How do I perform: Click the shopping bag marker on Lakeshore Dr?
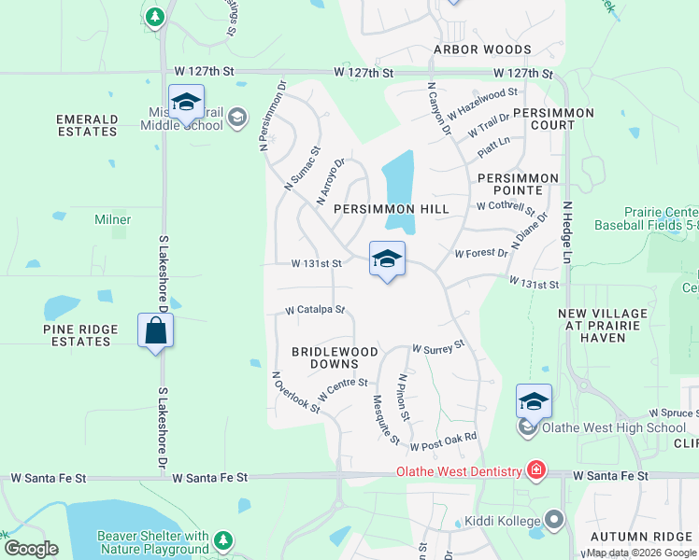(x=155, y=331)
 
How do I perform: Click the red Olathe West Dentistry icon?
(x=536, y=469)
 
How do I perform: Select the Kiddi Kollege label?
(x=505, y=521)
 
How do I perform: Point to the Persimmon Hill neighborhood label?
(x=392, y=209)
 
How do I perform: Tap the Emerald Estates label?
(x=87, y=125)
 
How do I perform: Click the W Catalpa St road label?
(x=315, y=310)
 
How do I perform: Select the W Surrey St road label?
(x=438, y=348)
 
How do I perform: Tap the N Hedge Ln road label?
(x=567, y=227)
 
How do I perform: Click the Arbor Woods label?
(x=482, y=49)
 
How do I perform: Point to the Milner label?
(x=112, y=219)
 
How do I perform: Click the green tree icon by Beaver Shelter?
(x=222, y=540)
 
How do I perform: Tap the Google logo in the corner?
(x=31, y=549)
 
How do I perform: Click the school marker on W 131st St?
(x=387, y=260)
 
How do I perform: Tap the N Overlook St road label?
(x=296, y=392)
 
